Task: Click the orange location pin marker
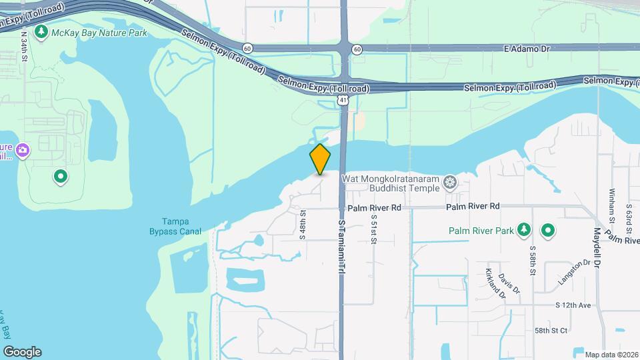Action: (321, 159)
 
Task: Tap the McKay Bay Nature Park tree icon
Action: (42, 31)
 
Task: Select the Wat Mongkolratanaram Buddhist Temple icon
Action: (451, 182)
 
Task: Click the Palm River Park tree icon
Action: (524, 231)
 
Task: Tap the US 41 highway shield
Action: (343, 99)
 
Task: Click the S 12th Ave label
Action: (573, 305)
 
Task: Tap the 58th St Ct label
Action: (551, 330)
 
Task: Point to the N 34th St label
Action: (23, 45)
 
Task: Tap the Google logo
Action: (22, 351)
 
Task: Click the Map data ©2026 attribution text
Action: (610, 354)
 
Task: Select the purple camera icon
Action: (23, 150)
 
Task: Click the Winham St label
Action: (611, 205)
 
